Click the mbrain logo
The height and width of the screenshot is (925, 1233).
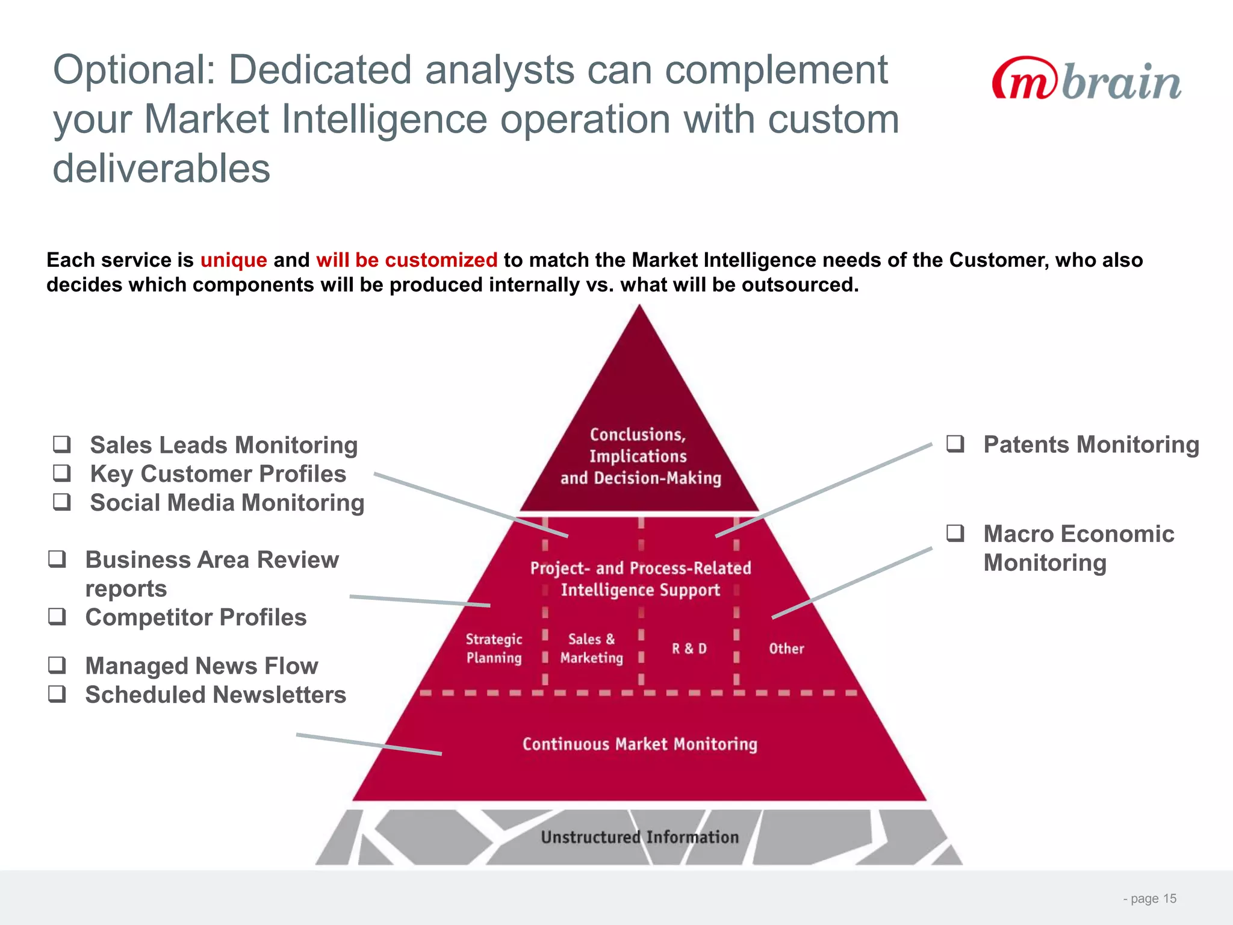(1086, 79)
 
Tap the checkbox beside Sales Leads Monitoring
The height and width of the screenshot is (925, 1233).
(62, 444)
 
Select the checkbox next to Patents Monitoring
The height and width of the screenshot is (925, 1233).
(955, 444)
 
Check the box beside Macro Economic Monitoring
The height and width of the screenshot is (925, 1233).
(955, 533)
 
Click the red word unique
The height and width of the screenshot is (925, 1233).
(234, 260)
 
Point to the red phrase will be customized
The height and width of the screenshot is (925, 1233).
(406, 260)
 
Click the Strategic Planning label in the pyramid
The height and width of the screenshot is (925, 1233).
(494, 648)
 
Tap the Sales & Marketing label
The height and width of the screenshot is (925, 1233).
(591, 648)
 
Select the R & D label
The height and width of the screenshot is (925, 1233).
(689, 649)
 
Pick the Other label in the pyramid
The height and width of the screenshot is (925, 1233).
(786, 649)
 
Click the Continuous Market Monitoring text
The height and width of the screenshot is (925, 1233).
(639, 744)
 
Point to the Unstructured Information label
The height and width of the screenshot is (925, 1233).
(639, 837)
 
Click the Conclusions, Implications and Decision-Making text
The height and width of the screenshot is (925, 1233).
(639, 456)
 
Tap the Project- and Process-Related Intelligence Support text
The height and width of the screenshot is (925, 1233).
(640, 579)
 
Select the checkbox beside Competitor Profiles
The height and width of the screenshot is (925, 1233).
(57, 617)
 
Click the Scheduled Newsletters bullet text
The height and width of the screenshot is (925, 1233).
(216, 694)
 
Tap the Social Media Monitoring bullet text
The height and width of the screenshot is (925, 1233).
(227, 502)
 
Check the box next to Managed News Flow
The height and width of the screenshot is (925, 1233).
(57, 665)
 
